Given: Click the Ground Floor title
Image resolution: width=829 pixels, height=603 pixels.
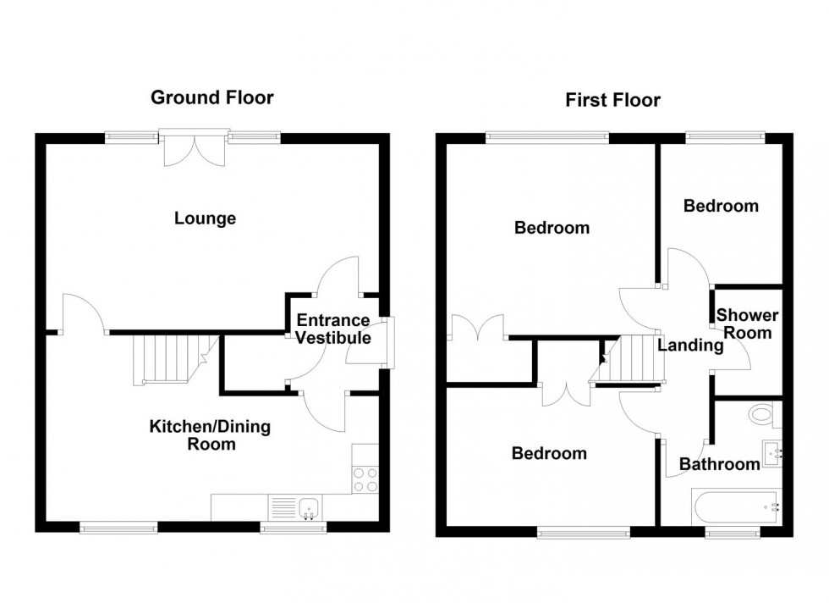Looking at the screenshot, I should [x=211, y=97].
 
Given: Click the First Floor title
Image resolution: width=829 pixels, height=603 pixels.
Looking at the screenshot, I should [x=612, y=101].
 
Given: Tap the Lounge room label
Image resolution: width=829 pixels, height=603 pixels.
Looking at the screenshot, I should [x=205, y=219].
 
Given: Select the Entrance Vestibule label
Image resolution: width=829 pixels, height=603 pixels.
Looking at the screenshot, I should [x=332, y=329].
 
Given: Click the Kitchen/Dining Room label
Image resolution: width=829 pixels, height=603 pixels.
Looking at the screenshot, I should [x=210, y=434].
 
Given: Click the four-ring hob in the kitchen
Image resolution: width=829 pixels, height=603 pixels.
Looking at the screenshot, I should [x=365, y=480].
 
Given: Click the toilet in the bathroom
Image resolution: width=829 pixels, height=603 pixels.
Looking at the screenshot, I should [x=762, y=415].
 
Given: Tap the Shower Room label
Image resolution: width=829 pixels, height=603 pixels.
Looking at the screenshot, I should [x=748, y=324].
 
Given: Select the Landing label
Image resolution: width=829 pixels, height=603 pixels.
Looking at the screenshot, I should [x=690, y=346].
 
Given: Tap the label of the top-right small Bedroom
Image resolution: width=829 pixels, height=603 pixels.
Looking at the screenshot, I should [x=721, y=206].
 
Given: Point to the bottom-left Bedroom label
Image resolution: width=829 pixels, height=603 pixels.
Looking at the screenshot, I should [x=549, y=454].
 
